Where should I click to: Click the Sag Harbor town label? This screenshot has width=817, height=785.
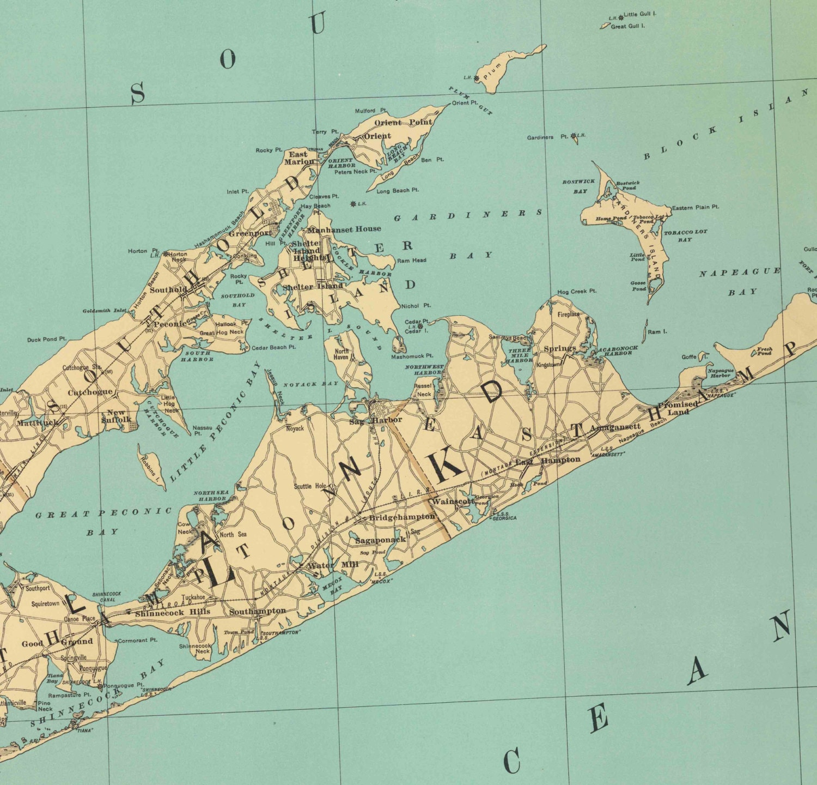point(376,420)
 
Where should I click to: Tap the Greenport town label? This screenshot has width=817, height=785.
point(250,233)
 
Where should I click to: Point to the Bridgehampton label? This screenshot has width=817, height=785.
point(402,517)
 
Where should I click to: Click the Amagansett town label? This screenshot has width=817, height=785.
point(615,428)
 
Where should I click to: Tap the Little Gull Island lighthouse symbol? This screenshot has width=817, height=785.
point(620,17)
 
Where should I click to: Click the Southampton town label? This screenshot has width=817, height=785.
point(257,611)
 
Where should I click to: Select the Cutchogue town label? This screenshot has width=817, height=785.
point(90,392)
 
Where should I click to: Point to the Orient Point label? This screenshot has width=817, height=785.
point(403,123)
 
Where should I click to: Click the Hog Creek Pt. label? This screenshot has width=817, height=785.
point(577,292)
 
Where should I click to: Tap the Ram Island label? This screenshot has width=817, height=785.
point(657,331)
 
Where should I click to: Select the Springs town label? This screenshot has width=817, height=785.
point(560,348)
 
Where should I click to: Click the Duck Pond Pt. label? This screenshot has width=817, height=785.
point(47,340)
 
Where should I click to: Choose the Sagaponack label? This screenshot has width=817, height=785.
point(381,540)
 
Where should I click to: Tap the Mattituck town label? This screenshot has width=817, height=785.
point(37,422)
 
